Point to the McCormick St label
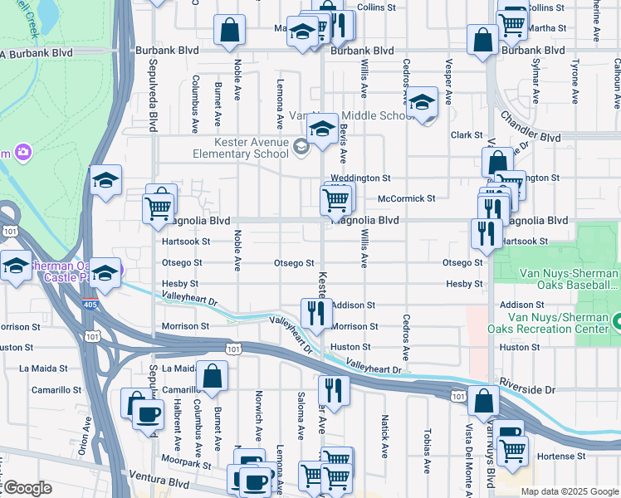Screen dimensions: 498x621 [x=407, y=198]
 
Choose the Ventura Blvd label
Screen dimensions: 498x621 [x=159, y=481]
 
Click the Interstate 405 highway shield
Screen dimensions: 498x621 [x=89, y=305]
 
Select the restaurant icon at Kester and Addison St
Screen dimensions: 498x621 [x=316, y=312]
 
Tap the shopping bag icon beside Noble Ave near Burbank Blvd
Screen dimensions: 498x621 [x=229, y=31]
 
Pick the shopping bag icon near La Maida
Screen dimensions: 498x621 [x=213, y=375]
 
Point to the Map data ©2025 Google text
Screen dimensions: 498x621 [x=569, y=491]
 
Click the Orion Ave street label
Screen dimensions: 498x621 [x=84, y=435]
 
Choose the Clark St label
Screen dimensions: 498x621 [x=467, y=134]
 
